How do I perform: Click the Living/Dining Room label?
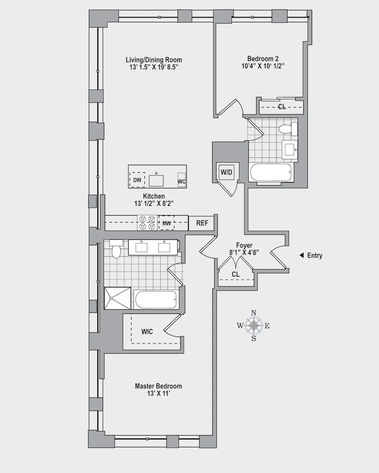tap(153, 60)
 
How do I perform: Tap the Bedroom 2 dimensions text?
tap(263, 66)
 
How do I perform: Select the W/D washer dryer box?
tap(226, 172)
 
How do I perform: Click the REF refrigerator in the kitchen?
tap(202, 223)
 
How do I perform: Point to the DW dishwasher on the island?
tap(137, 180)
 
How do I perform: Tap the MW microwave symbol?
tap(166, 223)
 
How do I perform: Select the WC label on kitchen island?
tap(181, 181)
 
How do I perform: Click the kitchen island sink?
tap(156, 180)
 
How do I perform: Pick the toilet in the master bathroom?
tap(116, 249)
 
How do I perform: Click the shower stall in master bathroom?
tap(117, 298)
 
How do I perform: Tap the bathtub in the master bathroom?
tap(156, 300)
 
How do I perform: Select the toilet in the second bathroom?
tap(286, 129)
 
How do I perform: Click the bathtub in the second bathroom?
tap(271, 172)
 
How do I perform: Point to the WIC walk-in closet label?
tap(147, 331)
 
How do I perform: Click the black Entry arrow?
tap(302, 255)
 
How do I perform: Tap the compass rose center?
tap(254, 325)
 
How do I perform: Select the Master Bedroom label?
tap(158, 386)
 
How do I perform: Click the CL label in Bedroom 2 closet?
tap(282, 107)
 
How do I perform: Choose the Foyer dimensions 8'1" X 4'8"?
tap(244, 253)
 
